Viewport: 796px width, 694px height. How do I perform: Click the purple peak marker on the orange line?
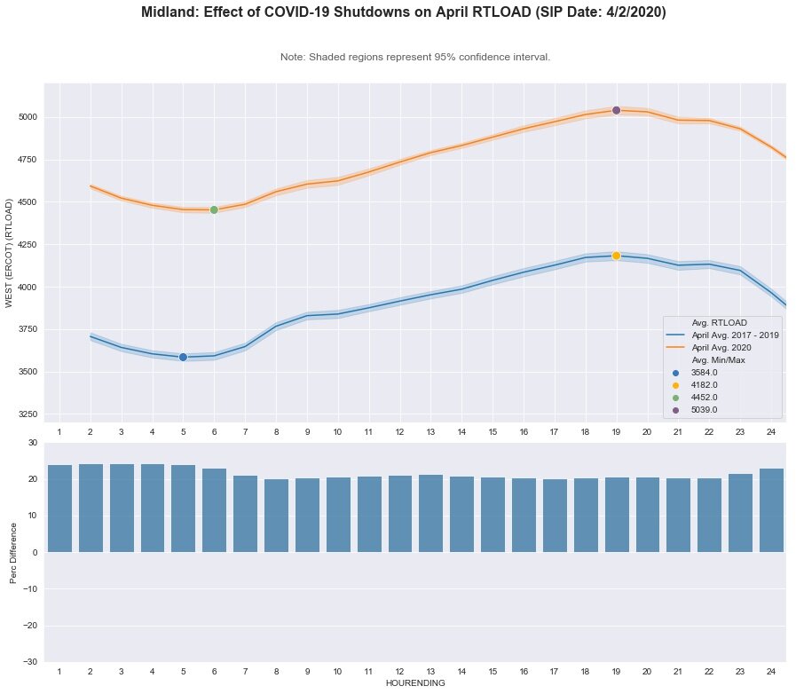(x=616, y=110)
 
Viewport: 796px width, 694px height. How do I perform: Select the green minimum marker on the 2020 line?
(x=214, y=209)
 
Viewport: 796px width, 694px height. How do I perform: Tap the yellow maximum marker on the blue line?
(x=616, y=256)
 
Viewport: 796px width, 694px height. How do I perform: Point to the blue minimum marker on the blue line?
(x=183, y=357)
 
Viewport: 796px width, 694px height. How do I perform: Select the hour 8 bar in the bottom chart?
(x=276, y=516)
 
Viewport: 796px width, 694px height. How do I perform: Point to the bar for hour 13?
(x=431, y=514)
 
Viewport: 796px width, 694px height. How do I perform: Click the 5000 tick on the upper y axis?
(x=28, y=117)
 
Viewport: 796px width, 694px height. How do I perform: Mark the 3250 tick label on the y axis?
(x=28, y=414)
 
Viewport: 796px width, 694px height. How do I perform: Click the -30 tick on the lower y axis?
(x=29, y=662)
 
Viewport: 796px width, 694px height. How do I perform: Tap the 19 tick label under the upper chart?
(x=616, y=431)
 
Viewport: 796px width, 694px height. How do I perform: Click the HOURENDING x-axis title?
(x=415, y=684)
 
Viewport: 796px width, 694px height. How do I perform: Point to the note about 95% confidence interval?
(x=415, y=57)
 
